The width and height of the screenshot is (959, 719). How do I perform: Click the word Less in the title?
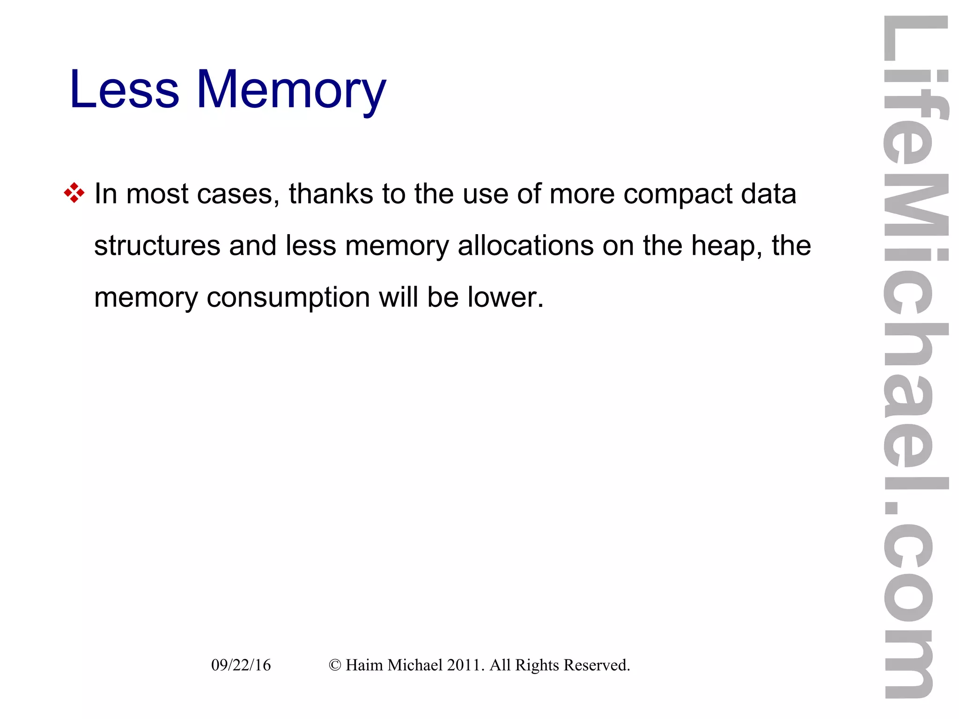[124, 89]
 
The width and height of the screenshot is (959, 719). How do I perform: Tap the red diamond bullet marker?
[74, 193]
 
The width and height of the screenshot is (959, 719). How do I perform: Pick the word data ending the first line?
[768, 194]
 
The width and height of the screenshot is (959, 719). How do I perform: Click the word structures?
[157, 245]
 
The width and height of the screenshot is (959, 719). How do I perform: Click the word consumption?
[288, 297]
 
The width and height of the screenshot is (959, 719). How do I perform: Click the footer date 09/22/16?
[241, 665]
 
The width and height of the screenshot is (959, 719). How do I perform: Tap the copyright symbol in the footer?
[334, 665]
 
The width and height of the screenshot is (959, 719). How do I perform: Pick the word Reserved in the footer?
[597, 665]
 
